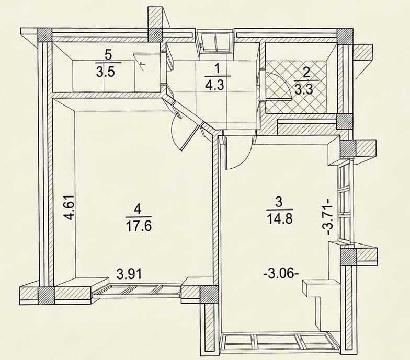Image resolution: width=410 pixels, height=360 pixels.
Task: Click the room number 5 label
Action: click(x=108, y=55)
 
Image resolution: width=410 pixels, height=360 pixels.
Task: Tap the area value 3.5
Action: click(x=106, y=72)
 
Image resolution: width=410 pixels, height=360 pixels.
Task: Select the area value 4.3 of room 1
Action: click(x=215, y=85)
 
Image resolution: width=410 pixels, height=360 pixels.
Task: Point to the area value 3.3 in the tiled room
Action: click(x=303, y=90)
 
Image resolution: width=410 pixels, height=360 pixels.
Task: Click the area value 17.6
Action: click(x=139, y=226)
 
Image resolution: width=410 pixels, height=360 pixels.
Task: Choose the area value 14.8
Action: click(x=279, y=218)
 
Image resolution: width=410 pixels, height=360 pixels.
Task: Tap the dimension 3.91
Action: click(x=129, y=274)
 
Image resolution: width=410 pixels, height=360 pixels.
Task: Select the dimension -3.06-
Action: click(x=281, y=275)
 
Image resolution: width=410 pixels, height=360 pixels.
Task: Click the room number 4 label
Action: click(x=138, y=209)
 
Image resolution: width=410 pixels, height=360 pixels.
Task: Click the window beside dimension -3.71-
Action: click(x=345, y=203)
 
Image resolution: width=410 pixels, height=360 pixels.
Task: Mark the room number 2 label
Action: click(x=305, y=73)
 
